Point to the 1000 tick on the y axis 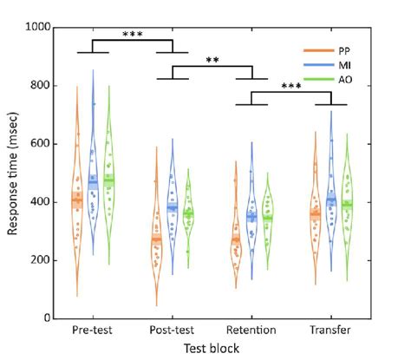[36, 27]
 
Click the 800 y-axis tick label [39, 85]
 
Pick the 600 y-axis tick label [39, 144]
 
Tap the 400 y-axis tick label [39, 202]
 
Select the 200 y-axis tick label [39, 260]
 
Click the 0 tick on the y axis [46, 318]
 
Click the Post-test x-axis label [173, 331]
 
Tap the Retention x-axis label [251, 331]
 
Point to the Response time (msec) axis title [13, 173]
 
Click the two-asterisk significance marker [213, 61]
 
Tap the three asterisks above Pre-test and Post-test [133, 35]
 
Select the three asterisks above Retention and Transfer [292, 86]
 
